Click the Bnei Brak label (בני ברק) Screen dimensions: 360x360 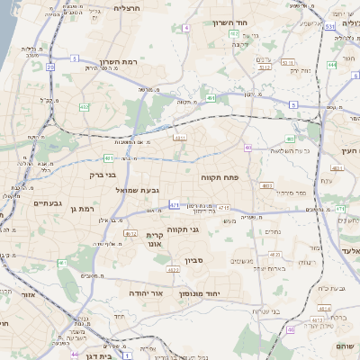[105, 175]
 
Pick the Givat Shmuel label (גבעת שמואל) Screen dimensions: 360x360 [137, 190]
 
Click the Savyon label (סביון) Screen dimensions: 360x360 [196, 260]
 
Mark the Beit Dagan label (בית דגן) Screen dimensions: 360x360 [101, 356]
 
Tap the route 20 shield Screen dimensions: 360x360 [50, 67]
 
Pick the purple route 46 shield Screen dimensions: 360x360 [290, 330]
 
